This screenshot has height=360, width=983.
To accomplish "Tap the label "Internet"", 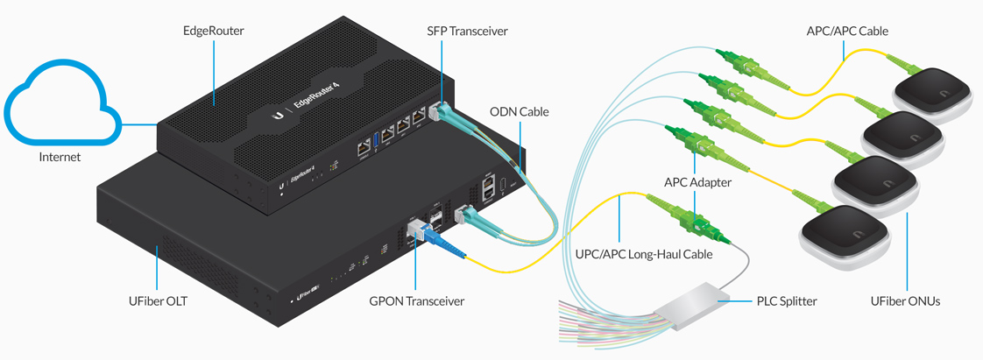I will click(x=60, y=158).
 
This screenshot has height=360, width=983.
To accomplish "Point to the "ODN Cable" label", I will click(x=520, y=112).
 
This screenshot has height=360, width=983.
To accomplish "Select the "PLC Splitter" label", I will click(x=786, y=300).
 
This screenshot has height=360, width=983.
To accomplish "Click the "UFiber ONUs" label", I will click(x=905, y=300).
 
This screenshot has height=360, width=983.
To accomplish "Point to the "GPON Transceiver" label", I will click(x=416, y=300).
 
